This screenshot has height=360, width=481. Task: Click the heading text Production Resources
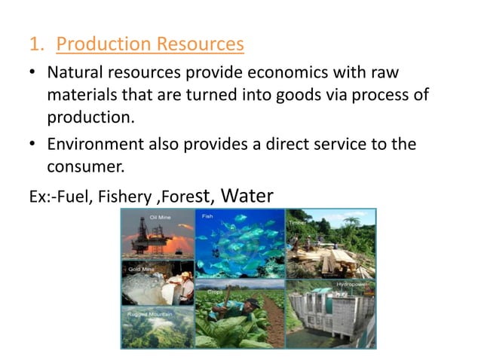150,44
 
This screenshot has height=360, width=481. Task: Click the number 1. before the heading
38,45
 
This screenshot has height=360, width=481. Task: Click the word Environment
92,144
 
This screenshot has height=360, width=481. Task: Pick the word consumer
84,166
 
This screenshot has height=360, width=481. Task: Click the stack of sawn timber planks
332,260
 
